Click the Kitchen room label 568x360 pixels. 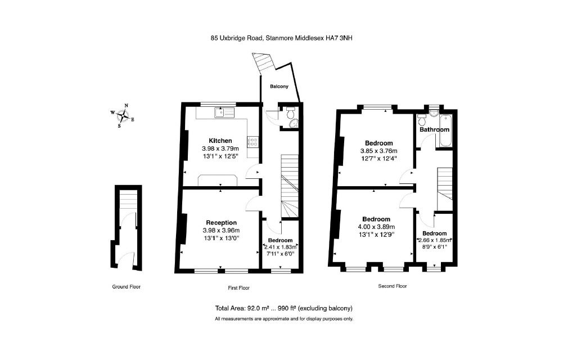pyautogui.click(x=220, y=140)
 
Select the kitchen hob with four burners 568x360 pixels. pyautogui.click(x=253, y=141)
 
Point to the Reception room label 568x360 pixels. pyautogui.click(x=221, y=222)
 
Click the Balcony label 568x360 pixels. pyautogui.click(x=279, y=86)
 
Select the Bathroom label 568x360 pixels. pyautogui.click(x=434, y=129)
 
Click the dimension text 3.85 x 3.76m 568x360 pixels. pyautogui.click(x=378, y=151)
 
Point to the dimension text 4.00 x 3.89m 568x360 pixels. pyautogui.click(x=376, y=227)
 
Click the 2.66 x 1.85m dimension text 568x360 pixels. pyautogui.click(x=435, y=240)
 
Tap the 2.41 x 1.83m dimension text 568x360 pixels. pyautogui.click(x=281, y=246)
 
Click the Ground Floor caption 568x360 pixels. pyautogui.click(x=126, y=287)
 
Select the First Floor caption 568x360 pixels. pyautogui.click(x=238, y=288)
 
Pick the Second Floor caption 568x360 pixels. pyautogui.click(x=392, y=286)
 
